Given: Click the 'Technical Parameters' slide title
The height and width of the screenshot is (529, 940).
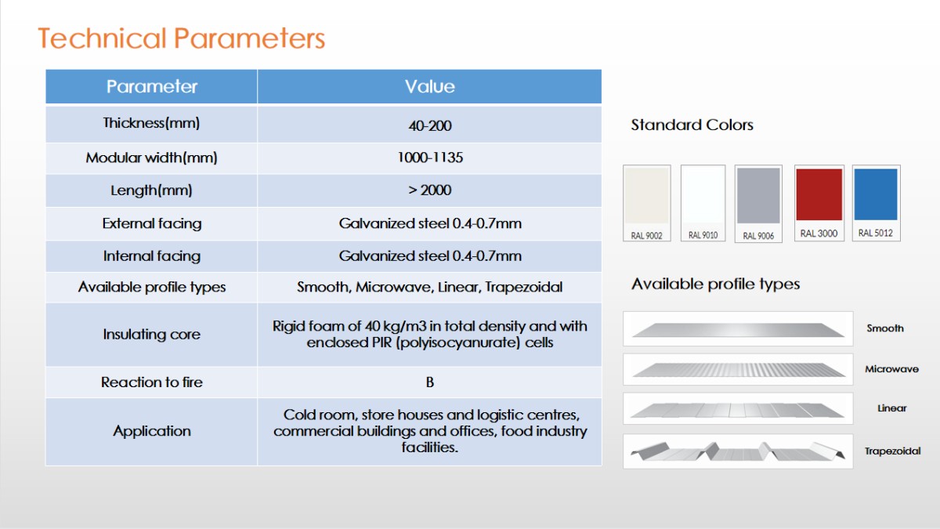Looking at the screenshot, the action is point(181,38).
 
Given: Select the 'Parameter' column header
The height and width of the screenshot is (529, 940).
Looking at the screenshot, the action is point(151,86).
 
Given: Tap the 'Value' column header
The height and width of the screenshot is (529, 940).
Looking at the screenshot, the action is point(430,86).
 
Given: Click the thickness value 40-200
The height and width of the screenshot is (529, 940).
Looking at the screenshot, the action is point(430,125).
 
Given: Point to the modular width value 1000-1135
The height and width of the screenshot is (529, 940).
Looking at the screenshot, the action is point(430,158).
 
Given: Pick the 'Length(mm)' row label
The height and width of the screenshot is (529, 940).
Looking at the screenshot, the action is point(151,190).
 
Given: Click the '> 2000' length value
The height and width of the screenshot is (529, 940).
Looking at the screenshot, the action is point(430,190).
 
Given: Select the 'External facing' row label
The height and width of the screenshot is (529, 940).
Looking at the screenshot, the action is point(151,223).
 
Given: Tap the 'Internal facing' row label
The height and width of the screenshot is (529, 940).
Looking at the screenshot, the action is point(151,256).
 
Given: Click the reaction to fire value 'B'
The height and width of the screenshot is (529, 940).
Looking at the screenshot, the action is point(430,382).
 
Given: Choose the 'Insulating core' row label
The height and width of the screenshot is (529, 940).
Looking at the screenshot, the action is point(151,334).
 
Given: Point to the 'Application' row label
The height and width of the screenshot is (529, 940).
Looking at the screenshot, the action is point(151,431).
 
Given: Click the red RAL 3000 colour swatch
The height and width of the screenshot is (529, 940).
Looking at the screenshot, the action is point(819,194).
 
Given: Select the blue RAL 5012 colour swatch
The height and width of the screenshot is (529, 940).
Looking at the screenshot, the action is point(876,194).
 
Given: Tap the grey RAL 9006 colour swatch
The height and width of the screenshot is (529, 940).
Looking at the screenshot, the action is point(758,196).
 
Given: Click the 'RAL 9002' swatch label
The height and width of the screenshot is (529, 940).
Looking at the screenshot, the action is point(646,236).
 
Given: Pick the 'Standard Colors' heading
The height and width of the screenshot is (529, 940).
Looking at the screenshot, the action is point(692,125).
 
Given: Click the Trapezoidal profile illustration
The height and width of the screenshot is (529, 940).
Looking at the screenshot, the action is point(738,451).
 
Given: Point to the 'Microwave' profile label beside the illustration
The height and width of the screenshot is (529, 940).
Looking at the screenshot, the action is point(891,369).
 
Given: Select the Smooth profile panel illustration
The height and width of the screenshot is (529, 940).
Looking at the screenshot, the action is point(738,330).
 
